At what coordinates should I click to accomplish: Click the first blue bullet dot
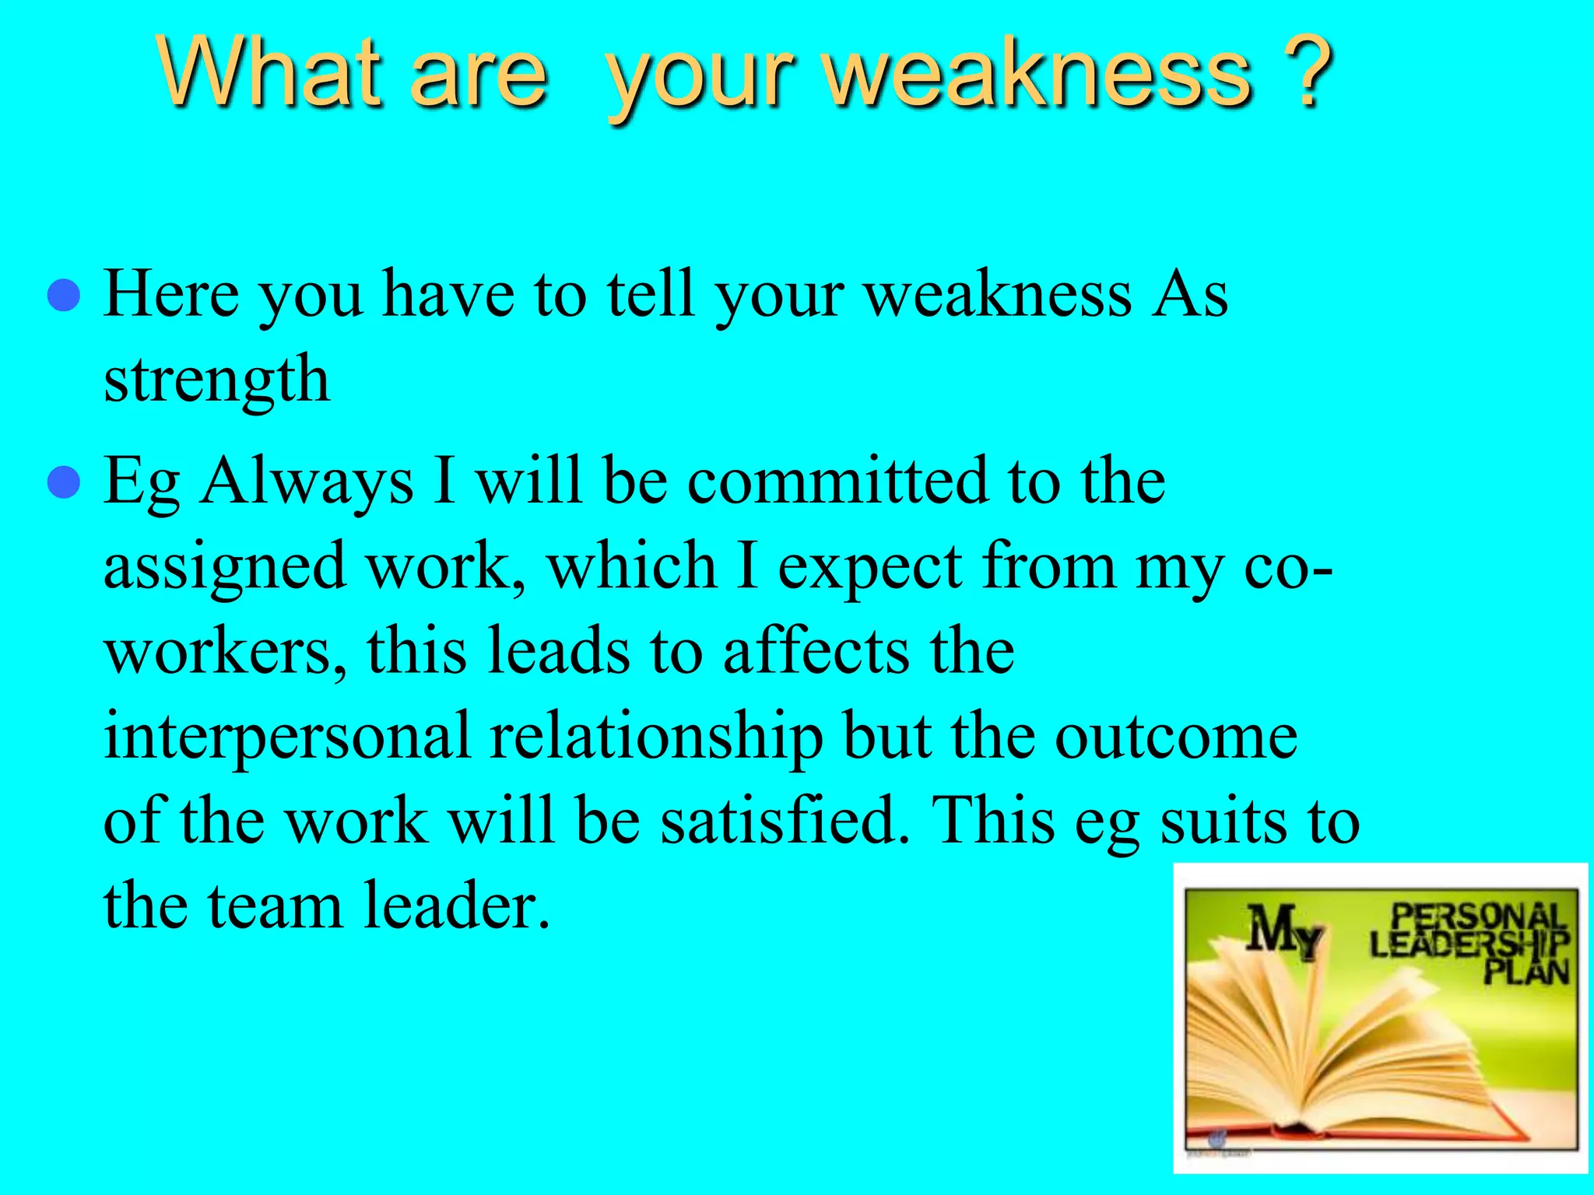[63, 296]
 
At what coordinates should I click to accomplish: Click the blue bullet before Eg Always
[63, 482]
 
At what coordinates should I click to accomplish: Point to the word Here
[171, 294]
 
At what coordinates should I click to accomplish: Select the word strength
[216, 380]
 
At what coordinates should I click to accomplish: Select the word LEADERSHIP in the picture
[1468, 944]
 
